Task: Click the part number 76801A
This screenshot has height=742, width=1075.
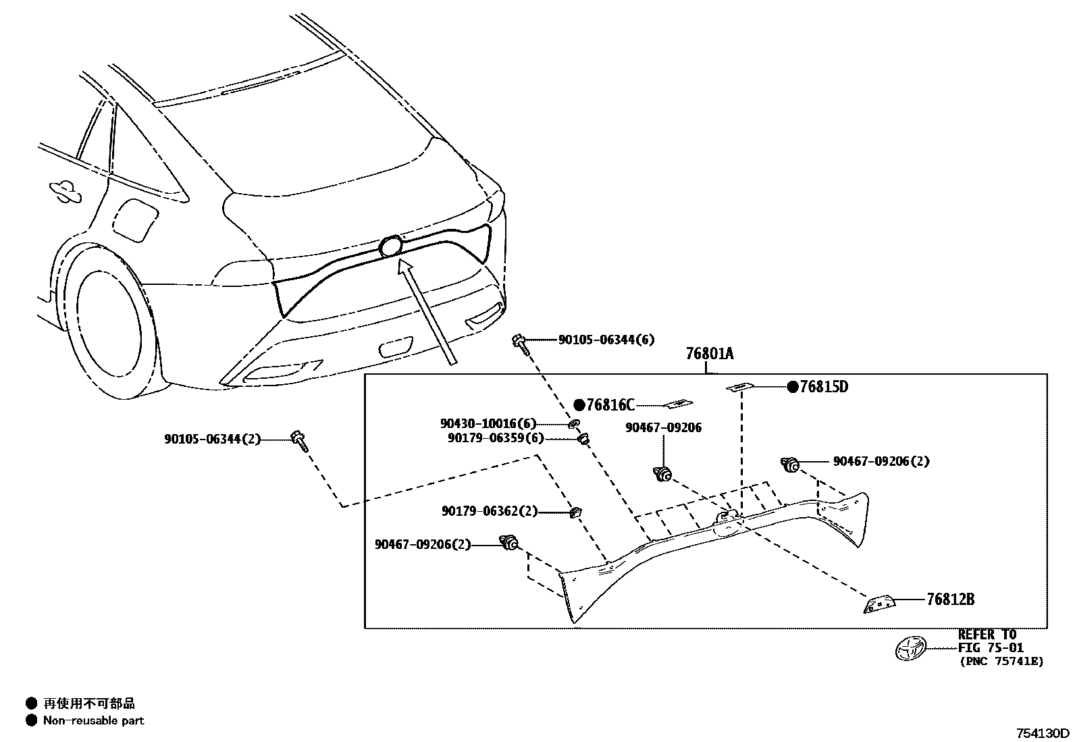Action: pos(709,354)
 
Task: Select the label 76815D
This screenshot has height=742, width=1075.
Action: pos(824,387)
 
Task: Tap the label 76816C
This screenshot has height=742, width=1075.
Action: pos(610,405)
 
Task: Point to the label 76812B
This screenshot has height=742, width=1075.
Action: pos(950,599)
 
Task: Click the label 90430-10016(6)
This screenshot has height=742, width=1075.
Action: pos(488,424)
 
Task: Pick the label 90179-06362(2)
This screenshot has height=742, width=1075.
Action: pos(490,512)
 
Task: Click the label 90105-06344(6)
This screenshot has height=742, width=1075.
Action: pos(606,340)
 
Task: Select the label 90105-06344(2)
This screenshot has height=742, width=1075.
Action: pos(212,439)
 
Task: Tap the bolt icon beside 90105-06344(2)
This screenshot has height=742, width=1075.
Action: pos(298,440)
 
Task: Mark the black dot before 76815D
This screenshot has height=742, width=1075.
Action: pos(792,387)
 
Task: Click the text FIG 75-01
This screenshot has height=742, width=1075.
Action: pos(991,648)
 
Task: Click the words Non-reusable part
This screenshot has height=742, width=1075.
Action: pos(94,720)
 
